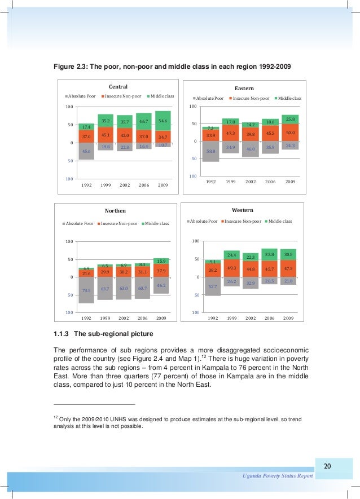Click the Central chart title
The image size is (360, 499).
[x=118, y=86]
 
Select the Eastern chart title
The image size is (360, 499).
[x=244, y=89]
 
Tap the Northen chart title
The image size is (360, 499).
[x=115, y=211]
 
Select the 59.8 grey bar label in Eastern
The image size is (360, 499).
[x=210, y=151]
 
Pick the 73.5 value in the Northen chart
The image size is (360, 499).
[x=86, y=290]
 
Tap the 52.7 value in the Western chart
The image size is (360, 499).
[x=213, y=286]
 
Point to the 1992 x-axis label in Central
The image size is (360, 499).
[x=86, y=185]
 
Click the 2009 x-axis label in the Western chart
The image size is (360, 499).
[x=288, y=318]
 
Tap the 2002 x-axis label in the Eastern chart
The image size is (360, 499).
[x=251, y=182]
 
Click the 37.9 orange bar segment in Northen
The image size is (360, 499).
[x=161, y=271]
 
